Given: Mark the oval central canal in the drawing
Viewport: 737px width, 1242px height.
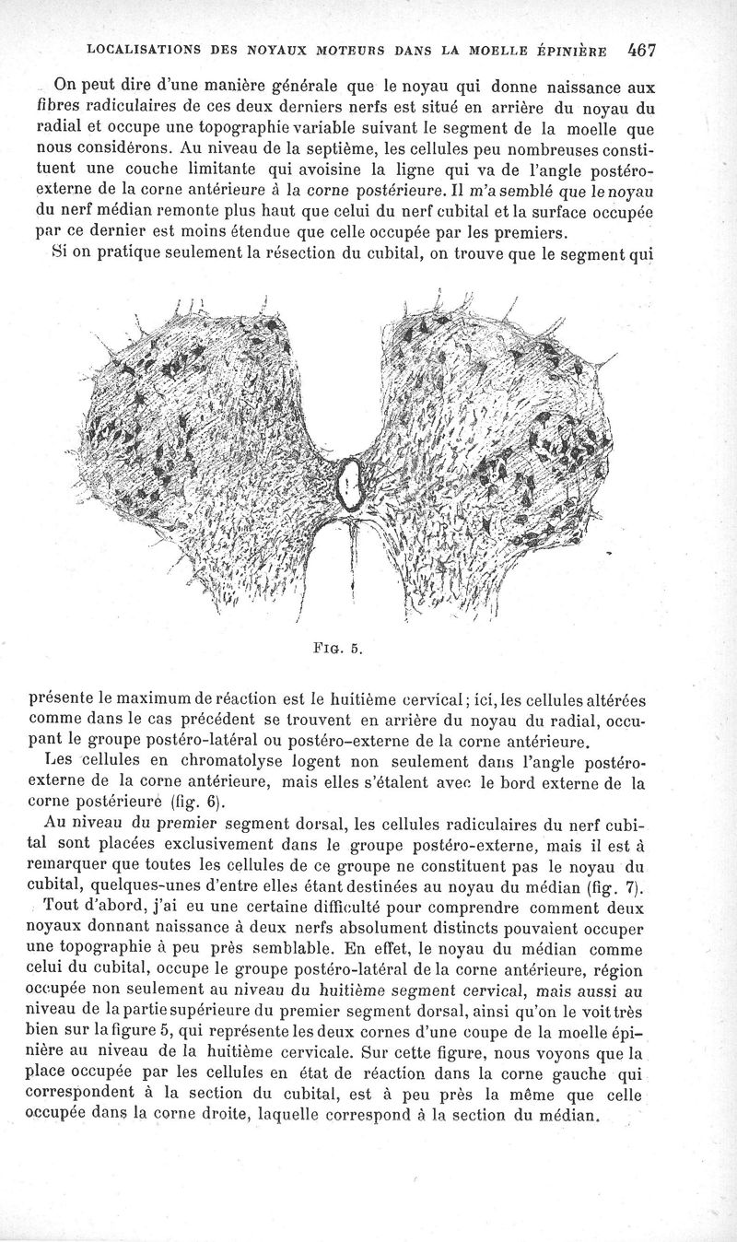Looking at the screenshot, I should (351, 483).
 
